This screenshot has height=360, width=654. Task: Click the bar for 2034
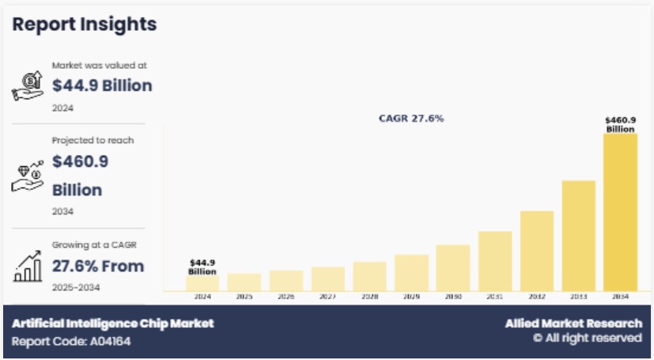tap(619, 212)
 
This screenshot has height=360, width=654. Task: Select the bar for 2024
tap(203, 282)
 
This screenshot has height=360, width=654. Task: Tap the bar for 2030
tap(453, 267)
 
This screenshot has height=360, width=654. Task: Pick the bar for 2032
tap(536, 250)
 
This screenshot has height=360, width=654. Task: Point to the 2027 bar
tap(328, 279)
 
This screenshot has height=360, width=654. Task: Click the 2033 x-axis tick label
tap(578, 297)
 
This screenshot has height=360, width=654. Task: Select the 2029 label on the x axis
tap(411, 297)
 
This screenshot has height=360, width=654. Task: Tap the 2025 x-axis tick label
tap(244, 297)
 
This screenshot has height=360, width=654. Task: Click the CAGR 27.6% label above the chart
tap(411, 119)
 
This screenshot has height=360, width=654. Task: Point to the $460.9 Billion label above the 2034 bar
tap(620, 124)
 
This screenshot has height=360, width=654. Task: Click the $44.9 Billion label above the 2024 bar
tap(203, 266)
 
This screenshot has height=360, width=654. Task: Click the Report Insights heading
tap(85, 25)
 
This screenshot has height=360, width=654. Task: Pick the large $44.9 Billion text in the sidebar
tap(102, 85)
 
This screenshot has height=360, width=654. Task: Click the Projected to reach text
tap(93, 140)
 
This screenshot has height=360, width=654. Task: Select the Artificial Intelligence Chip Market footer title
tap(113, 324)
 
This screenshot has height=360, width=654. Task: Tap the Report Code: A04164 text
tap(71, 342)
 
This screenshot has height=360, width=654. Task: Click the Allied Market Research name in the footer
tap(573, 324)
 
